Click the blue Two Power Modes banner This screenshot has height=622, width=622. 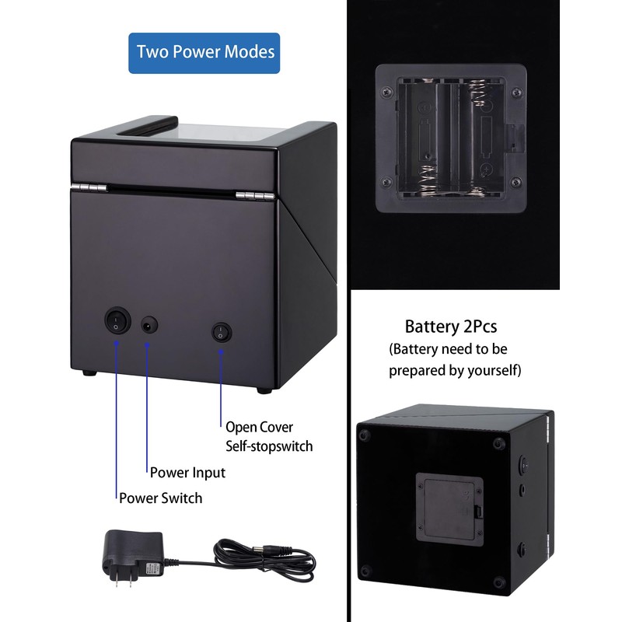point(204,53)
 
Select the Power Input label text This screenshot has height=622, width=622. point(187,472)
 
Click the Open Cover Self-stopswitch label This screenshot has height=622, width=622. point(269,436)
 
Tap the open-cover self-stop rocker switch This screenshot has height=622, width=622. point(222,332)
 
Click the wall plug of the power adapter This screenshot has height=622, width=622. point(133,554)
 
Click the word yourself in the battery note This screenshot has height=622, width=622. point(491,370)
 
